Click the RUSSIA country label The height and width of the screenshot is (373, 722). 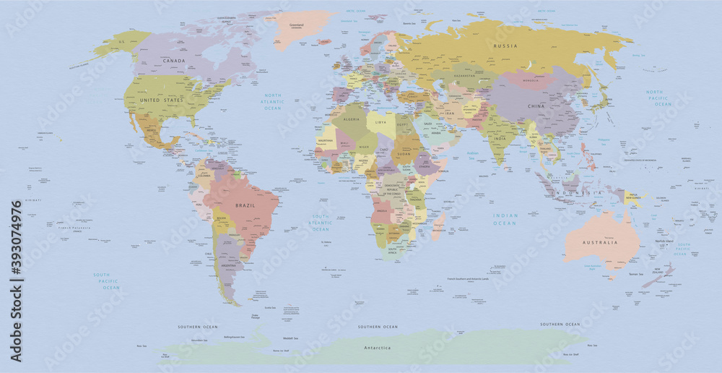pos(505,46)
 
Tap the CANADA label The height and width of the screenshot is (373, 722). pos(174,61)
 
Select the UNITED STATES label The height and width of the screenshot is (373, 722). pos(161,100)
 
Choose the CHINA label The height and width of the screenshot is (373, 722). pos(536,106)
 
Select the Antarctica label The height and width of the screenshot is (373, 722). pos(376,348)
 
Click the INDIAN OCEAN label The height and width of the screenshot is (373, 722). pos(505,219)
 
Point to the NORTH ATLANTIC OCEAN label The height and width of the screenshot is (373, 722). pos(273,102)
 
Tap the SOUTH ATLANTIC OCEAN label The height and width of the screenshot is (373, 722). pos(321,222)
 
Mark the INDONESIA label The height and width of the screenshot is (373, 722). pos(577,193)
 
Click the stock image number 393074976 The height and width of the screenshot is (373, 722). pos(17,243)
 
